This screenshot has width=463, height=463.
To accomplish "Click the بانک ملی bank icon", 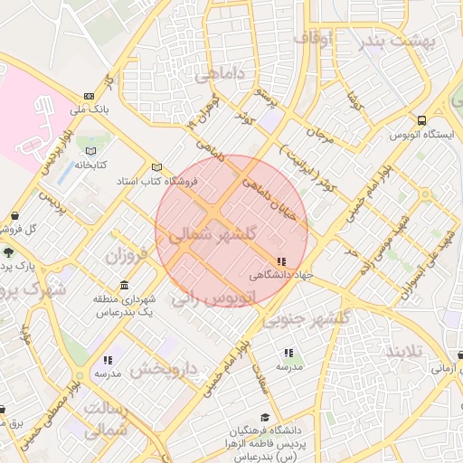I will point(89,96).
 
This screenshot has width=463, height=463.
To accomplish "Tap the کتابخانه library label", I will point(91,165).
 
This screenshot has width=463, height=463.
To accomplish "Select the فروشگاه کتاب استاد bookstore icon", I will point(157,168).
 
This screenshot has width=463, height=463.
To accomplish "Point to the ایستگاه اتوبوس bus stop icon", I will point(421,120).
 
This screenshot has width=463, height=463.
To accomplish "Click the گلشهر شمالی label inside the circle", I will point(213,234).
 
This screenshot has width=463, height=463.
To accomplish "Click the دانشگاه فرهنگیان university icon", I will point(264,418).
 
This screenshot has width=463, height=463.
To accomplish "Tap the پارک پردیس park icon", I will point(8,252).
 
